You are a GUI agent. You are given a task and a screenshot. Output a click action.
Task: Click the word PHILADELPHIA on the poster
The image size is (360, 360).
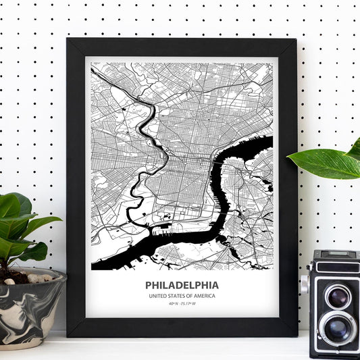coord(182,285)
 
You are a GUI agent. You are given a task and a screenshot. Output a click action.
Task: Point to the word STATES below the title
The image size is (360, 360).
coord(178,297)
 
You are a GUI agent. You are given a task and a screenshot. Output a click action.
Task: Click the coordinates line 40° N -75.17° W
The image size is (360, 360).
coord(182,305)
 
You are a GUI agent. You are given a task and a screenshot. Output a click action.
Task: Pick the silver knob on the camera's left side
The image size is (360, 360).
coord(305,284)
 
